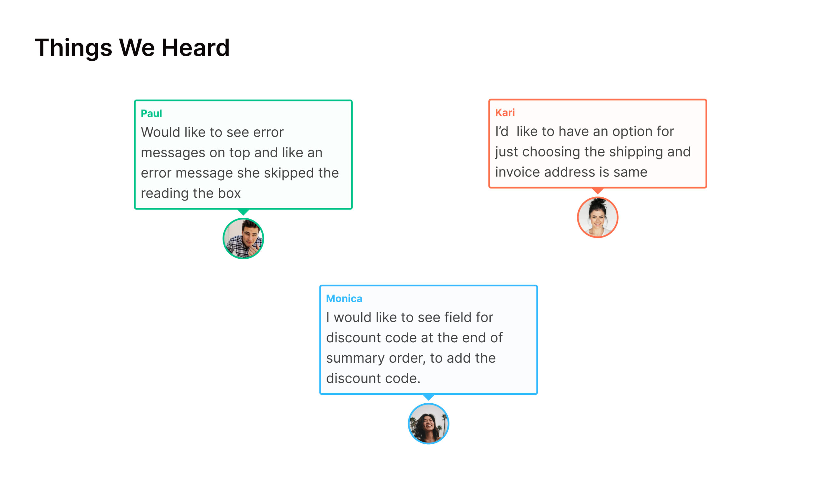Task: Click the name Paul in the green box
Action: pos(151,113)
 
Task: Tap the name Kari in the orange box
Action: pos(505,113)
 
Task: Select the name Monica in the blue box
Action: pos(344,298)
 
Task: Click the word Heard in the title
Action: pos(195,48)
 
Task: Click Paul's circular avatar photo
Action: pos(243,238)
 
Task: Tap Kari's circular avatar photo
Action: pos(597,217)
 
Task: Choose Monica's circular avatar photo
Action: pos(429,424)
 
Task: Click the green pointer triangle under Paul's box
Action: pos(244,212)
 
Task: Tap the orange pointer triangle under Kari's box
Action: pos(597,190)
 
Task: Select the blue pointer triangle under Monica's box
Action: pos(429,397)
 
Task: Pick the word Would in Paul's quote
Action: pos(161,132)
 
